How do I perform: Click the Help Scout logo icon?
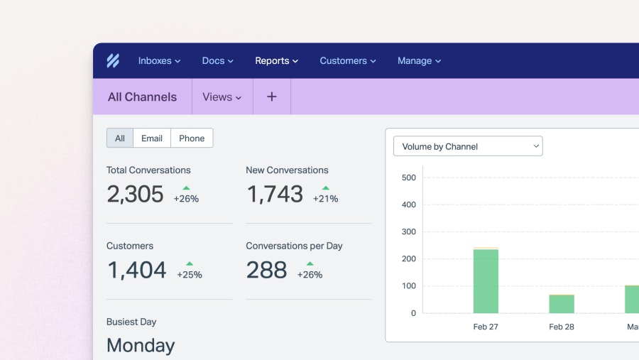113,61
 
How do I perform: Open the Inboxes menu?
159,61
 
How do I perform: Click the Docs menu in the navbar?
217,61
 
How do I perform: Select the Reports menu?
276,61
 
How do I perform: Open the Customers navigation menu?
347,61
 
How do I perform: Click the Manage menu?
419,61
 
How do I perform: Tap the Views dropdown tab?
222,97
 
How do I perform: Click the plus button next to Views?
271,97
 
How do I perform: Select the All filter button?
120,138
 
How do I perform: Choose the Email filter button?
152,138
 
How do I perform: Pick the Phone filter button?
192,138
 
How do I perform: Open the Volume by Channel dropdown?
468,146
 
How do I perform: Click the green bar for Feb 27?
486,281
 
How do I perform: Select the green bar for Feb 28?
562,304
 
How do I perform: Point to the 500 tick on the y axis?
408,178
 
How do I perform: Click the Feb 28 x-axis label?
562,327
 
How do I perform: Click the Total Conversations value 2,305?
135,195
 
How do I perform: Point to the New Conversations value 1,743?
275,195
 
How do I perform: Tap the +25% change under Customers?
190,275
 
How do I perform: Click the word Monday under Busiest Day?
141,346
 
